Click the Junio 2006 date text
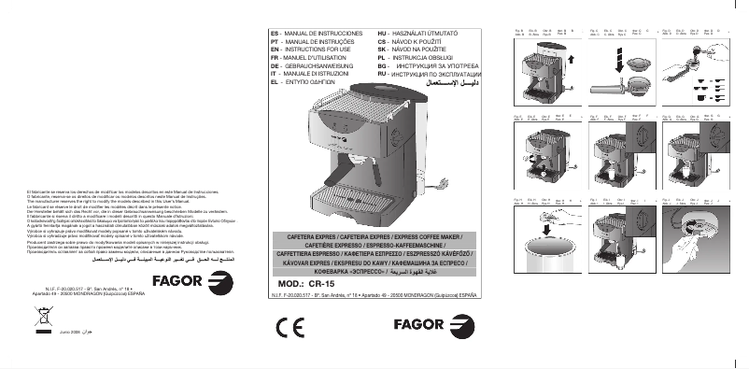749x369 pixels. click(x=70, y=332)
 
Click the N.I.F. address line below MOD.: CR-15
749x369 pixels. click(x=374, y=294)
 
